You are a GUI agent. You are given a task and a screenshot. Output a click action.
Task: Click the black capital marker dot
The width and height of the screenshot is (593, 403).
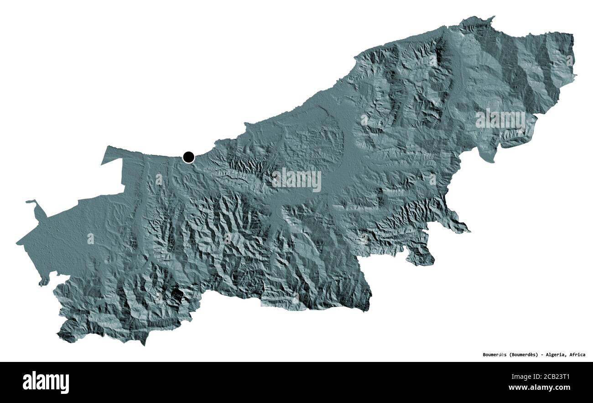coord(188,157)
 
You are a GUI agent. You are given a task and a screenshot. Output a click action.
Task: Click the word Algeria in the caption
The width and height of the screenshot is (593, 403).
coord(556,355)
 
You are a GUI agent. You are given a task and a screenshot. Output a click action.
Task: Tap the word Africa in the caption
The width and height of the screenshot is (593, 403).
coord(578,355)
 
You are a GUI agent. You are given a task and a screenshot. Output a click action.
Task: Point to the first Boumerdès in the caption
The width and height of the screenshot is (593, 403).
coord(494,355)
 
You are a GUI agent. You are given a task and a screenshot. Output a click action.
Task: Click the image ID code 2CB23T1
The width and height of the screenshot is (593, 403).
coord(562,377)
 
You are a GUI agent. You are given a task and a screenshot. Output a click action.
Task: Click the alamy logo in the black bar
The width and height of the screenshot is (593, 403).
coord(46,382)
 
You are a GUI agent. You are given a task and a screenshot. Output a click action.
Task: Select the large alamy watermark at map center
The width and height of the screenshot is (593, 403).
coord(296,180)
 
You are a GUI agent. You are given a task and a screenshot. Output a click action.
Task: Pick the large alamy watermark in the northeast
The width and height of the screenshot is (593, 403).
coord(500,120)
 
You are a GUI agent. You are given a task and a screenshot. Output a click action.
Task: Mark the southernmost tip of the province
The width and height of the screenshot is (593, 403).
coord(143,344)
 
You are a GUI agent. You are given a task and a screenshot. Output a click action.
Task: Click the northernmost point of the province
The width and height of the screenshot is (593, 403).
coord(491,17)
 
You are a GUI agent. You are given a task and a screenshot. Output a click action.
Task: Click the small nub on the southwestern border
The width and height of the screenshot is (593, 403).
coord(43,283)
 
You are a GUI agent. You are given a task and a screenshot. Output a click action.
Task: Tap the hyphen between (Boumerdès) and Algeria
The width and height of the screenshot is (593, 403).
coord(542,355)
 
